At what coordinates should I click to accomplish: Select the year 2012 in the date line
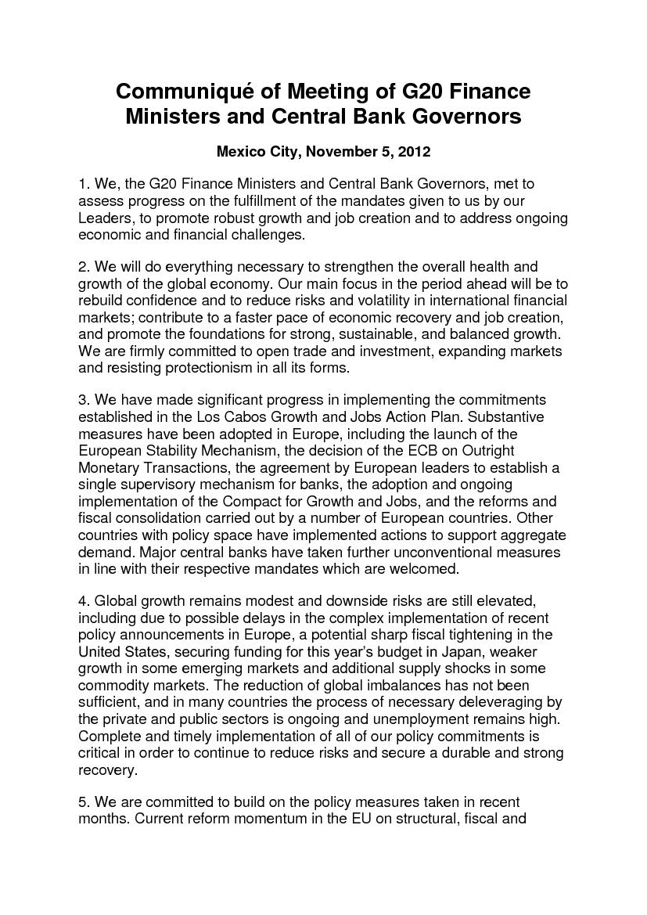coord(415,150)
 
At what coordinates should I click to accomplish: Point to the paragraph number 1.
coord(83,184)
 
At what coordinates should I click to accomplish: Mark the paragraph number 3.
coord(83,401)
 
